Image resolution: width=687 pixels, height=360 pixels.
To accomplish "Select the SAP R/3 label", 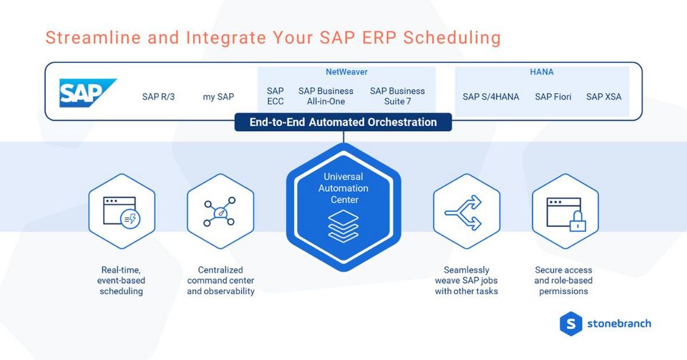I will click(158, 97).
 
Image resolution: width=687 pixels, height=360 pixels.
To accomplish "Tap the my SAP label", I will click(218, 97).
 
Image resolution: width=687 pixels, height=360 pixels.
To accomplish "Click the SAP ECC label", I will click(276, 96).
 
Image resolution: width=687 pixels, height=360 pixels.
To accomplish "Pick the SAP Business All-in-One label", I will click(326, 96).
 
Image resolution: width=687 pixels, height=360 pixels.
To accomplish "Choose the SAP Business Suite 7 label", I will click(397, 96).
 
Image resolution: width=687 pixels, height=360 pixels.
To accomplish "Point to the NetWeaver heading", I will click(346, 72).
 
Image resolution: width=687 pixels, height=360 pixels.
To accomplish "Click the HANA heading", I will click(542, 72).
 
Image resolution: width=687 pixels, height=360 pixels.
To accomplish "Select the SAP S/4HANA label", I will click(491, 97).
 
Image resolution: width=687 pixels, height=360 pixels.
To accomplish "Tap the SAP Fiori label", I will click(553, 97).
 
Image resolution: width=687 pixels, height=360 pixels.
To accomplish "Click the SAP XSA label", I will click(604, 97).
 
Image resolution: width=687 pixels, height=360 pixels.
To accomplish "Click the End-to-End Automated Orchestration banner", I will click(343, 122).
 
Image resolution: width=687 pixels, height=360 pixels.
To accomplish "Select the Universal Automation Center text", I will click(343, 188).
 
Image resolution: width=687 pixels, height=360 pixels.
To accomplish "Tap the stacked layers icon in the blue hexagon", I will click(343, 225).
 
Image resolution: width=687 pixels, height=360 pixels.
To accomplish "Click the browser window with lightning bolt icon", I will click(122, 211).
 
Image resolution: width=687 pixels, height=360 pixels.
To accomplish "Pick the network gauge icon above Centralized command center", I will click(220, 211).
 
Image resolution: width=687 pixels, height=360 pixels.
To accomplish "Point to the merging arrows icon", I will click(467, 211).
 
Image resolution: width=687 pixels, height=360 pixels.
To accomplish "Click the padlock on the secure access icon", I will click(577, 224).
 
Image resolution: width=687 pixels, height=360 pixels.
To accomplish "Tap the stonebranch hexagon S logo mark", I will click(570, 323).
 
